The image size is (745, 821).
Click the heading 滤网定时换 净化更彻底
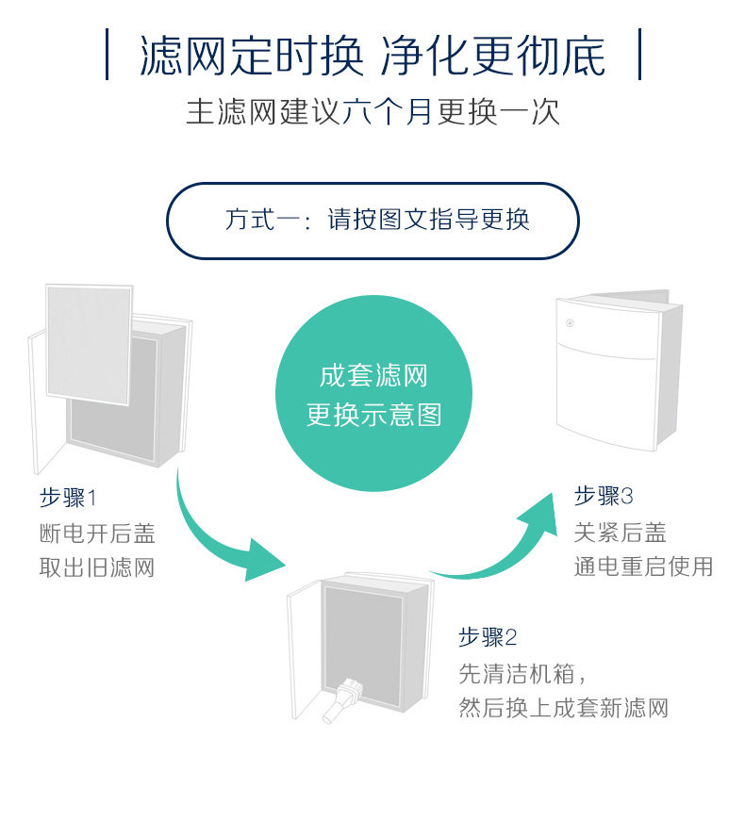point(372,56)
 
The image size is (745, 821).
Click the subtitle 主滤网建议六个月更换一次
point(372,111)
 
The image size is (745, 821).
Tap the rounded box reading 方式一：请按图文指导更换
point(372,221)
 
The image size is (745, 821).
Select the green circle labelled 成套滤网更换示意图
point(373,393)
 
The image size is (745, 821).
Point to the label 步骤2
point(488,637)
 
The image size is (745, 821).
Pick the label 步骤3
point(603,496)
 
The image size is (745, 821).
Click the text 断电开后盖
point(96,534)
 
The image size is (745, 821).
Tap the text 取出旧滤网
point(96,567)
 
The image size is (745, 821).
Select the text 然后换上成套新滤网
point(563,708)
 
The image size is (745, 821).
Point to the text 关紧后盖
point(620,533)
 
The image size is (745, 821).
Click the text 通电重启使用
point(643,566)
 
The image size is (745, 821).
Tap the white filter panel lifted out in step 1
point(88,344)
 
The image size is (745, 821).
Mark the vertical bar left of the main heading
point(107,55)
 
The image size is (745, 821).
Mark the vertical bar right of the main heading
point(639,55)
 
